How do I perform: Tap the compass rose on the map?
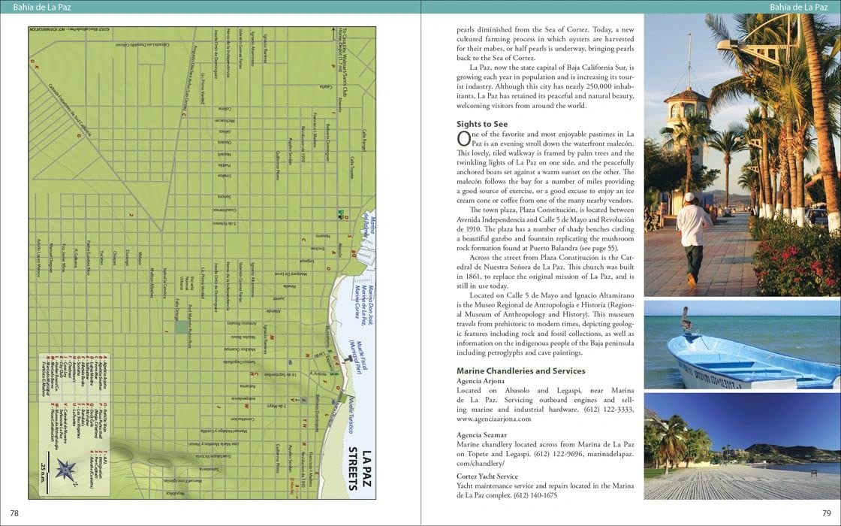click(x=67, y=470)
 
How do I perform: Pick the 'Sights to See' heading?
click(x=482, y=124)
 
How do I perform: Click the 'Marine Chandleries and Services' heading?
click(x=521, y=370)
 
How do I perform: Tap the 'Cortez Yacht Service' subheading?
click(x=487, y=476)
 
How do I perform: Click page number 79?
click(x=827, y=513)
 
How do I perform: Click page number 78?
click(x=14, y=513)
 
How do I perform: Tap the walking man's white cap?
click(x=689, y=197)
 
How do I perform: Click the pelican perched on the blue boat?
click(x=686, y=319)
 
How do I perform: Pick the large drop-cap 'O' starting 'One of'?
click(x=463, y=138)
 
